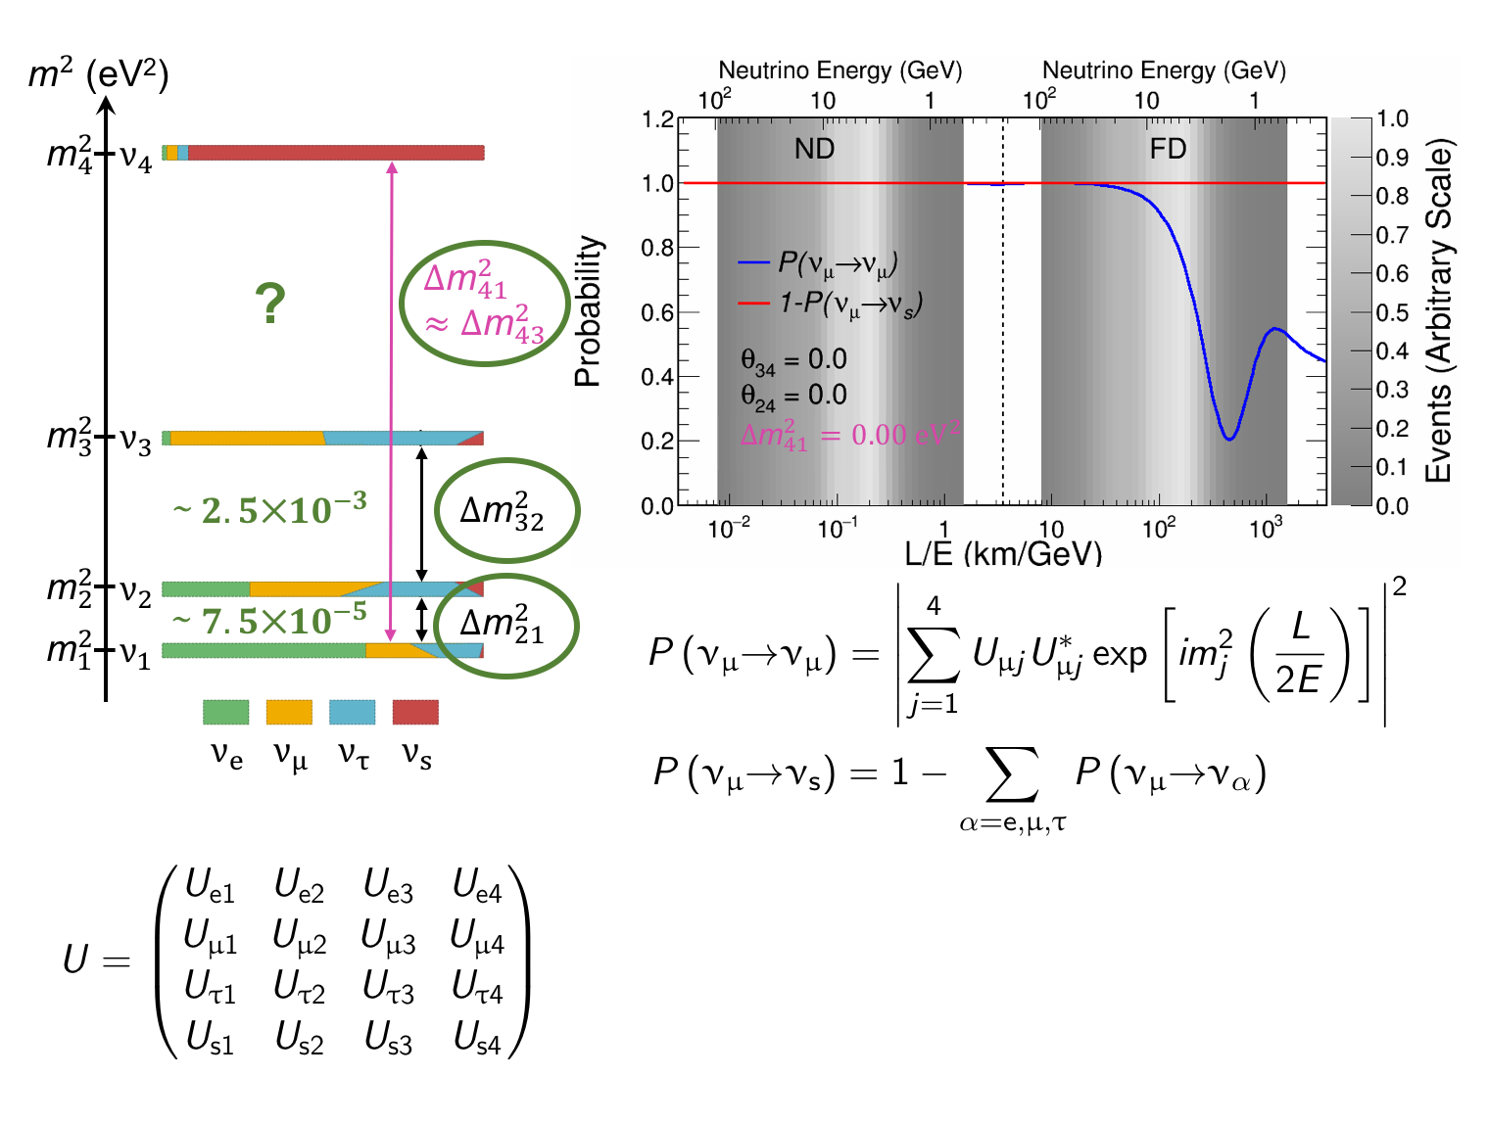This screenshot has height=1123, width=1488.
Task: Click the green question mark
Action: [x=269, y=304]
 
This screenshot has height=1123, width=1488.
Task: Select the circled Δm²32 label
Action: [x=503, y=511]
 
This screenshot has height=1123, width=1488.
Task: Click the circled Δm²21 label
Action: [x=503, y=626]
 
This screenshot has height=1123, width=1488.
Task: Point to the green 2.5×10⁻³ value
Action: [x=269, y=508]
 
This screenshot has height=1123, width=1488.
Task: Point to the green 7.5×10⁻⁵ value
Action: [x=269, y=620]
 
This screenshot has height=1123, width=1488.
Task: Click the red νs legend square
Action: [x=415, y=712]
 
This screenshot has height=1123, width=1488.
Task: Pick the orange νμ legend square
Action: [x=289, y=712]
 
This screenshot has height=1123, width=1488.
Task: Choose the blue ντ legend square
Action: [x=352, y=712]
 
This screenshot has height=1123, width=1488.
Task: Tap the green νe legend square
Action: [x=225, y=712]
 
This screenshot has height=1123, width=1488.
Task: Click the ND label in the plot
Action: [x=814, y=149]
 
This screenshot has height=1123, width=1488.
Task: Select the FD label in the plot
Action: [x=1168, y=149]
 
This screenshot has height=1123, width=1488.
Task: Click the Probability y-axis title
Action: [x=588, y=311]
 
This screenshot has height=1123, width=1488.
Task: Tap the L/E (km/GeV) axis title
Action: [x=1002, y=554]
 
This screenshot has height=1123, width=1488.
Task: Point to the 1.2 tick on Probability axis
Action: [x=657, y=119]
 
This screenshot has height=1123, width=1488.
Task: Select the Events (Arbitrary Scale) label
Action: [x=1438, y=311]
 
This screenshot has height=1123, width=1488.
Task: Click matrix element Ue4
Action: [x=477, y=886]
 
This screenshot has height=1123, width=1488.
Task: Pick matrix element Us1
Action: [x=211, y=1038]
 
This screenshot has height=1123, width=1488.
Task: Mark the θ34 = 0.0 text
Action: [x=793, y=361]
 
